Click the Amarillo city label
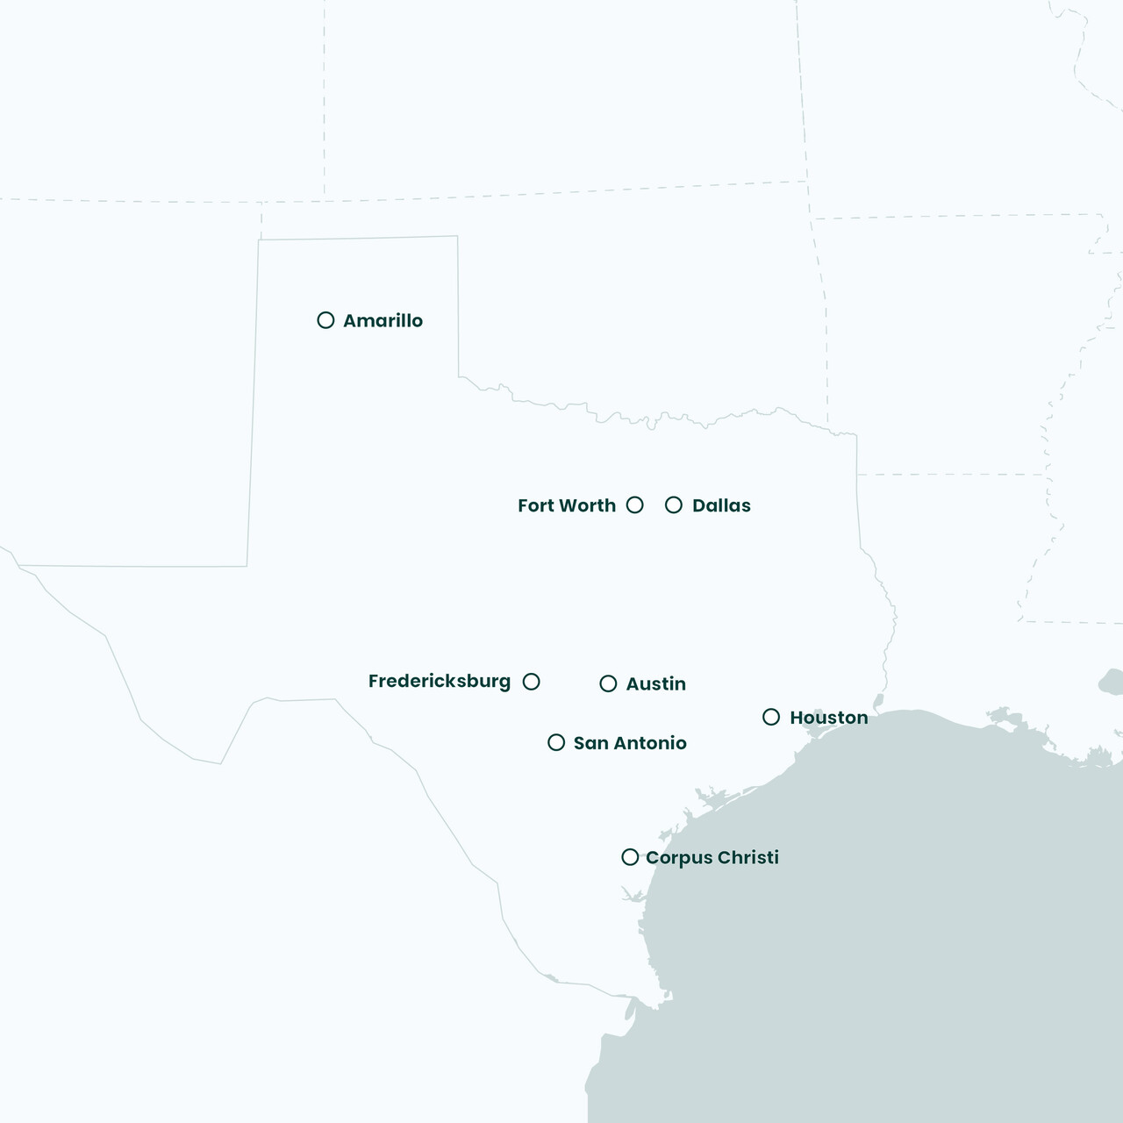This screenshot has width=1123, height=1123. (383, 321)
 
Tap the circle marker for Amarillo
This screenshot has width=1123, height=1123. (325, 320)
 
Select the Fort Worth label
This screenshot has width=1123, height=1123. (567, 505)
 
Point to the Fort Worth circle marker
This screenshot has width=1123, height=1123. (635, 505)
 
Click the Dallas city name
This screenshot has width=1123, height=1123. (721, 505)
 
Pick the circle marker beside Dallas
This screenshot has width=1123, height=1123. (674, 505)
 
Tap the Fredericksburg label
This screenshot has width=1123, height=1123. (439, 682)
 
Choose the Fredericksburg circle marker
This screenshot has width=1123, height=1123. (532, 682)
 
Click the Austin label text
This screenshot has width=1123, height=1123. (655, 684)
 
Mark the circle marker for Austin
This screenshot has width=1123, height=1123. (608, 683)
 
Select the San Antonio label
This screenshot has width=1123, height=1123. (630, 743)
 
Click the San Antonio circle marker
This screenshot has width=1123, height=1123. (556, 743)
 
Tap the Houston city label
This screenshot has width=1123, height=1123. (828, 718)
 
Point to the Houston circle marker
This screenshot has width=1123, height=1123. (771, 718)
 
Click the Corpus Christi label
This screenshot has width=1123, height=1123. (712, 858)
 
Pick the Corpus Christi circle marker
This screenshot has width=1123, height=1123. (630, 857)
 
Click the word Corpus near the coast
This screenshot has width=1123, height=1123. (679, 858)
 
